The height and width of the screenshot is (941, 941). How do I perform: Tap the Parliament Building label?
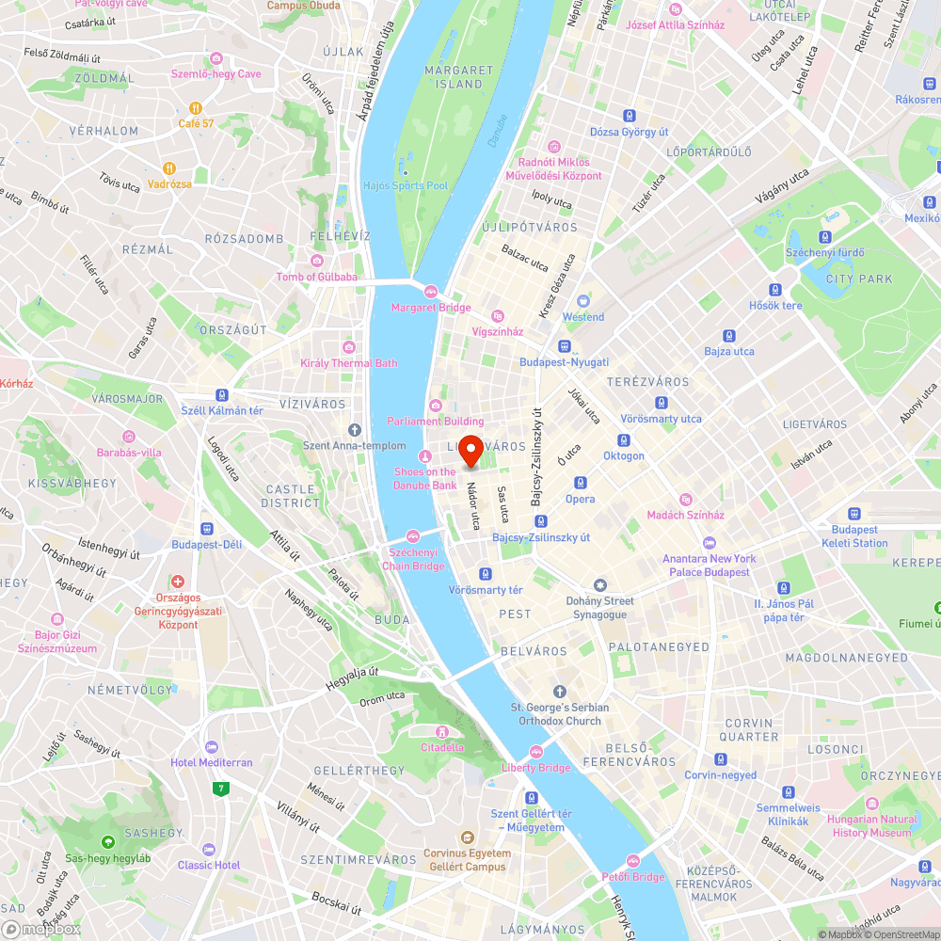point(436,421)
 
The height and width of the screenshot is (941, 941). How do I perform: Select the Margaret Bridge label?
point(431,308)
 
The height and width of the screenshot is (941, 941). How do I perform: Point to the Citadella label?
point(441,747)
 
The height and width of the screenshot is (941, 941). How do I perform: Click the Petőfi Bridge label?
point(633,877)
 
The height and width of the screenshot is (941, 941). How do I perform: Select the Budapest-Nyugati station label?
point(564,362)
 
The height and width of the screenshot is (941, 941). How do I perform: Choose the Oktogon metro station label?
point(623,455)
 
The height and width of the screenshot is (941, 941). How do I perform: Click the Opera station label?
point(580,499)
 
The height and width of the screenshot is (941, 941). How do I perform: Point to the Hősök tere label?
point(775,305)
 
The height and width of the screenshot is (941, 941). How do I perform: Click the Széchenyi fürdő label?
point(824,252)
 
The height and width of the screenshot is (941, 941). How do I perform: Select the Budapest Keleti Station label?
point(853,536)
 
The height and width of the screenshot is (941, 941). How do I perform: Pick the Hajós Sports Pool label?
point(406,185)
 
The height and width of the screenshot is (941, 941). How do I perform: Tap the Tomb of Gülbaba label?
point(316,277)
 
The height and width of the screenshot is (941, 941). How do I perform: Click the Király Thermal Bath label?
point(348,362)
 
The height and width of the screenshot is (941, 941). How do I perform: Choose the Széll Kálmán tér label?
point(222,410)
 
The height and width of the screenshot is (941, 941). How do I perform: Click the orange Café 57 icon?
point(196,107)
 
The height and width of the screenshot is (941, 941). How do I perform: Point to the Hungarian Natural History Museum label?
point(871,826)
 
